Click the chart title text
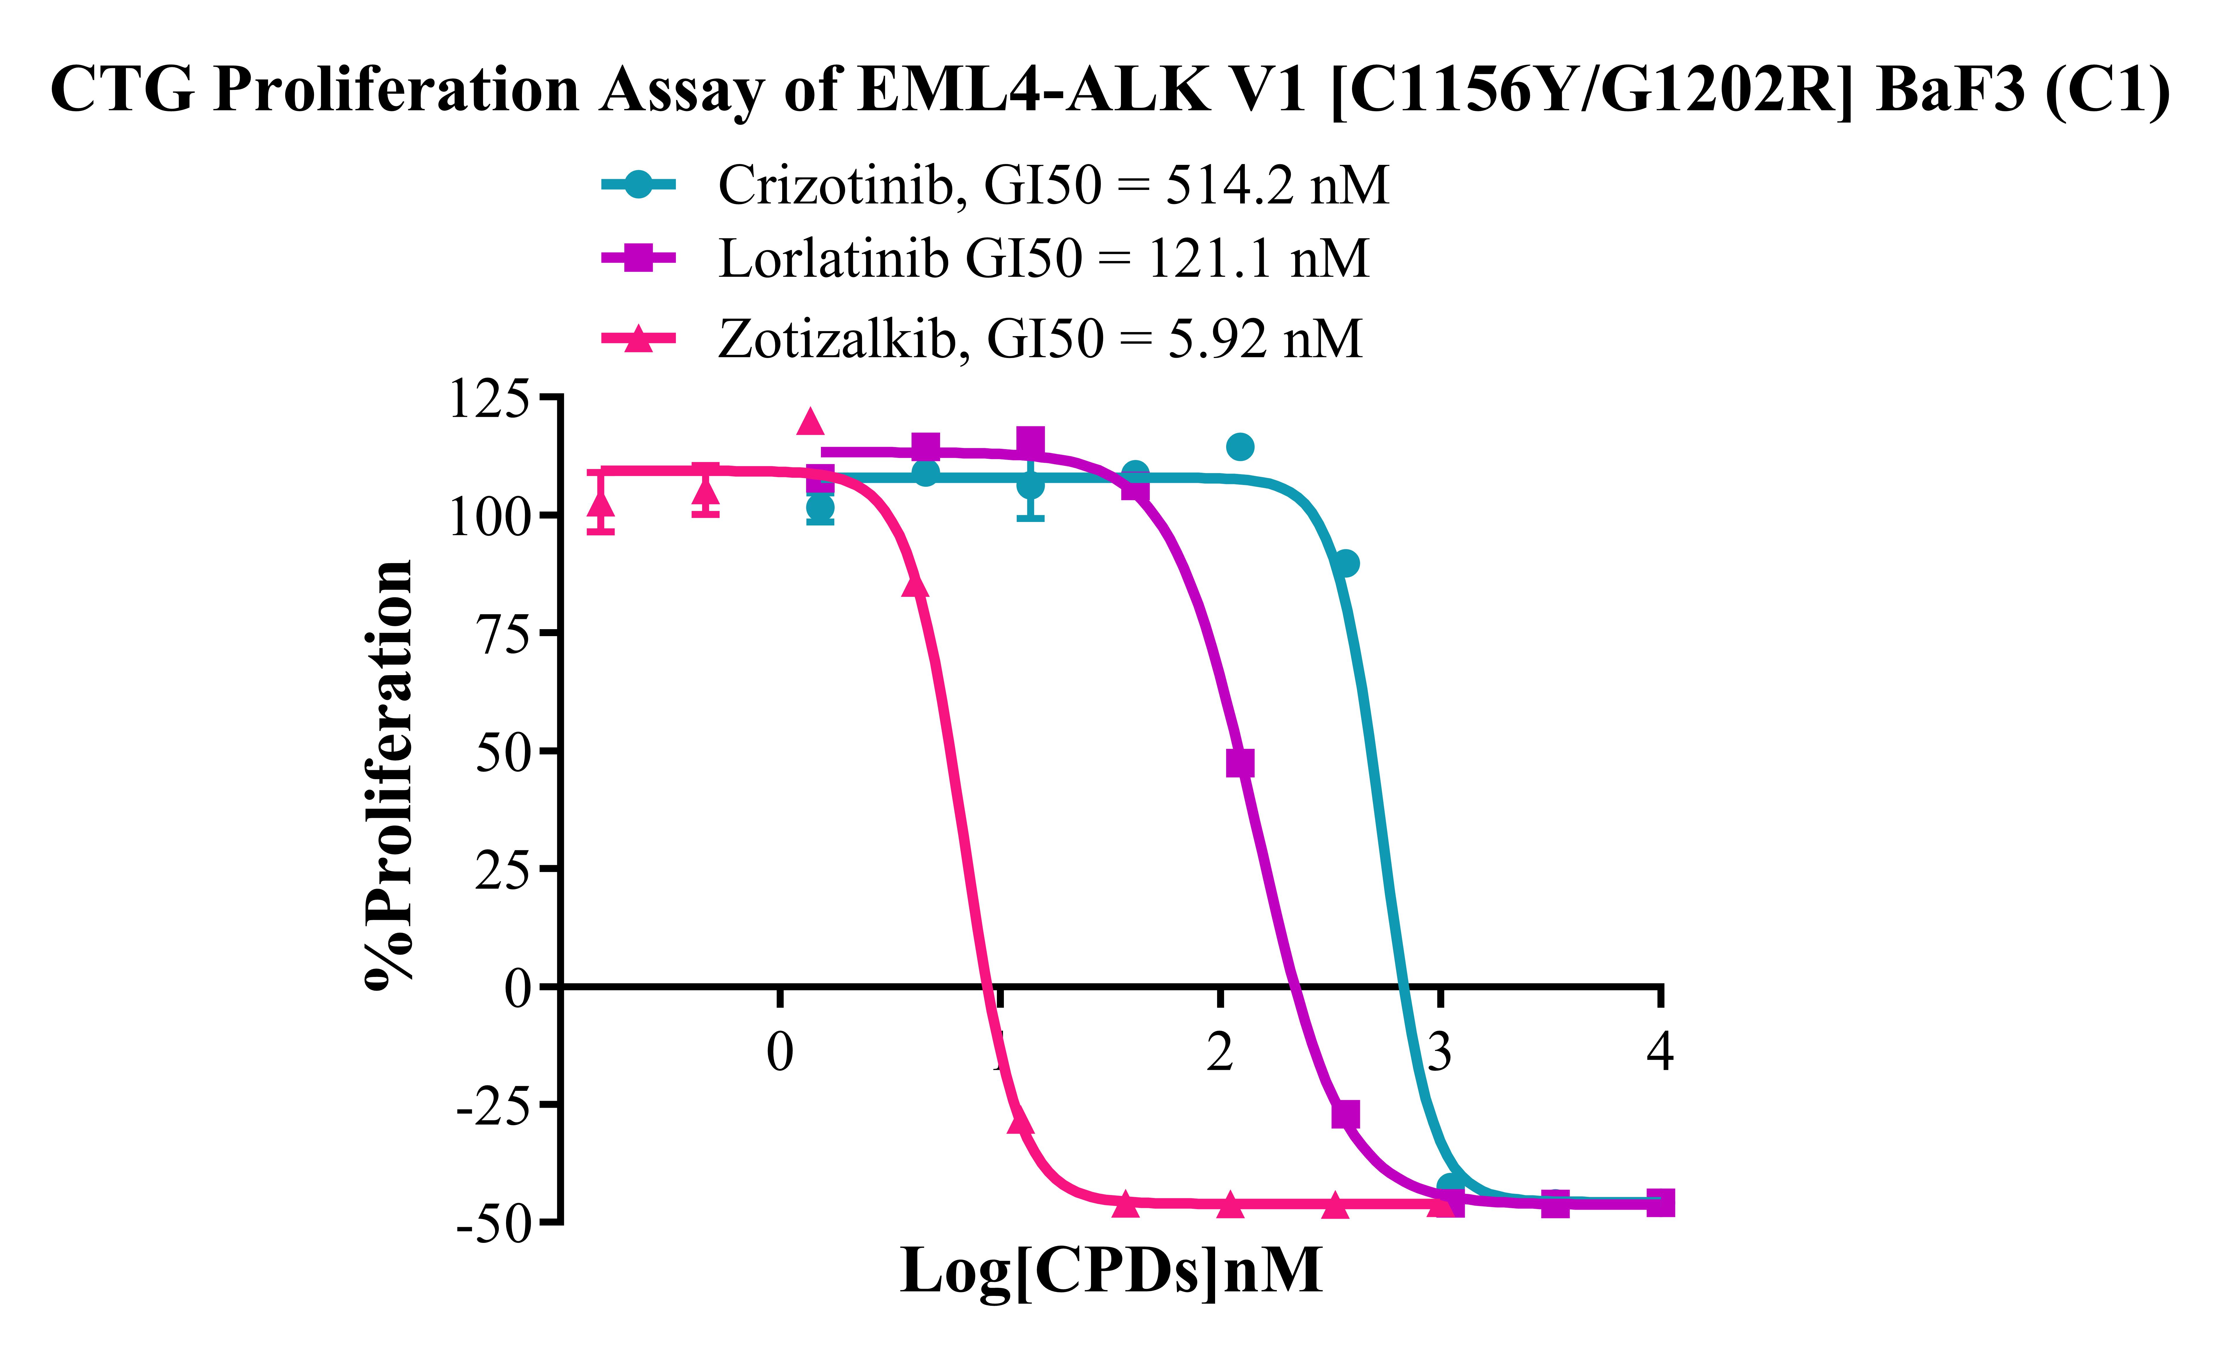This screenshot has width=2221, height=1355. tap(1110, 90)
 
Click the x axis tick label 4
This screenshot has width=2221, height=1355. tap(1659, 1051)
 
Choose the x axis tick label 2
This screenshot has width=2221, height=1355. tap(1219, 1051)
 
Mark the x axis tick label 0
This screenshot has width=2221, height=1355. tap(780, 1051)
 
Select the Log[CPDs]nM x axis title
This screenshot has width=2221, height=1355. tap(1110, 1271)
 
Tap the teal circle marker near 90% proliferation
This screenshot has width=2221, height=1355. tap(1345, 563)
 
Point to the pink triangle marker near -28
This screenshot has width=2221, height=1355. tap(1019, 1121)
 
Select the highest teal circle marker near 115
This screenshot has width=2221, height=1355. tap(1240, 446)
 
